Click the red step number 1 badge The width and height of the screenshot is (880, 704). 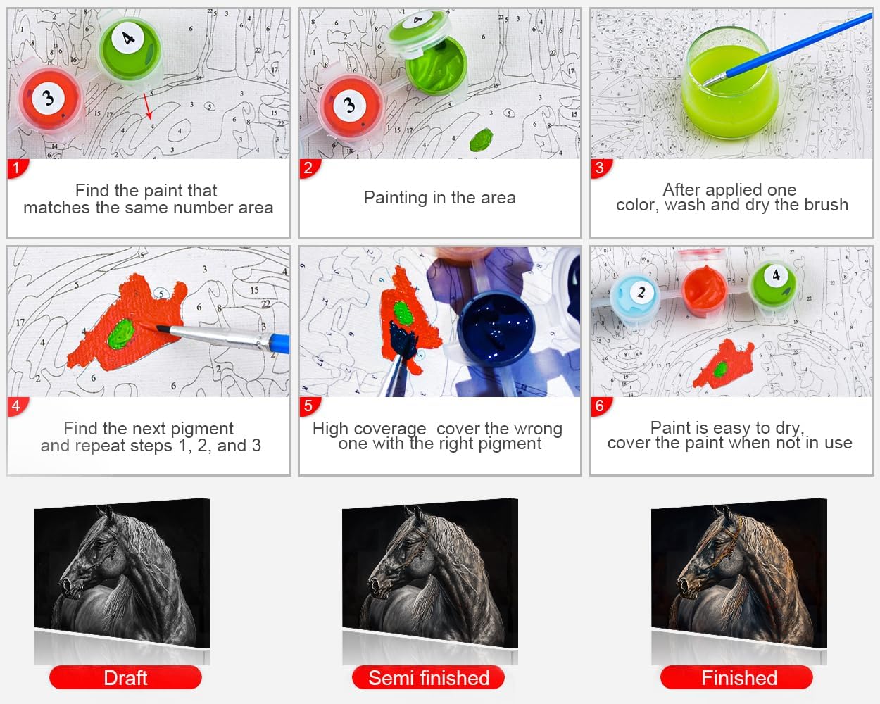coord(17,168)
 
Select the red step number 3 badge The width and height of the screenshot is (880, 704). coord(601,168)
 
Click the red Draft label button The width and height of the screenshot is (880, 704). coord(125,678)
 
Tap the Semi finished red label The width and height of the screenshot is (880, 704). coord(429,678)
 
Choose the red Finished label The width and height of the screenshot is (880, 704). coord(737,678)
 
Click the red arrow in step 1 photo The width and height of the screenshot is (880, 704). coord(148,106)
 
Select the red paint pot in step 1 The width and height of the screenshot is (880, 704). coord(50,99)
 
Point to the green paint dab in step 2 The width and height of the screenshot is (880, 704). coord(481,139)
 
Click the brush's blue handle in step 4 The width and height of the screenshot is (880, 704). coord(279,343)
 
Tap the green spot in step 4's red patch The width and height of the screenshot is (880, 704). coord(120,334)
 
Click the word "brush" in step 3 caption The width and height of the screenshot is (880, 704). coord(826,205)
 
